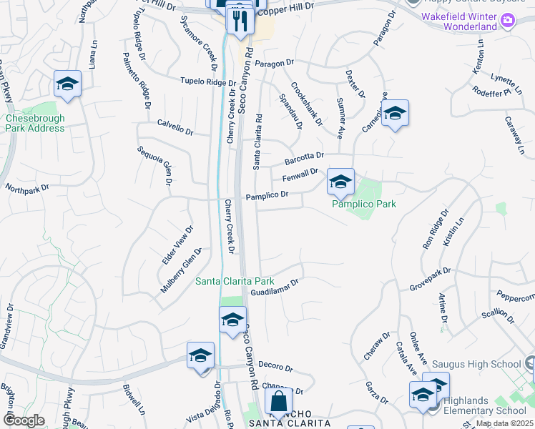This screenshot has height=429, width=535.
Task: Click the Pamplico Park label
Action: pos(364,204)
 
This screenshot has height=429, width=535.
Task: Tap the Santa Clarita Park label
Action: pos(235,281)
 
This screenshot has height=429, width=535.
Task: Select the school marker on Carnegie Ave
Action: pos(394,113)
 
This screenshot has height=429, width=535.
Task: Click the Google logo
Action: pos(24,420)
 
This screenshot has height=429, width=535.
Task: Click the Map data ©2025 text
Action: pos(504,423)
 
